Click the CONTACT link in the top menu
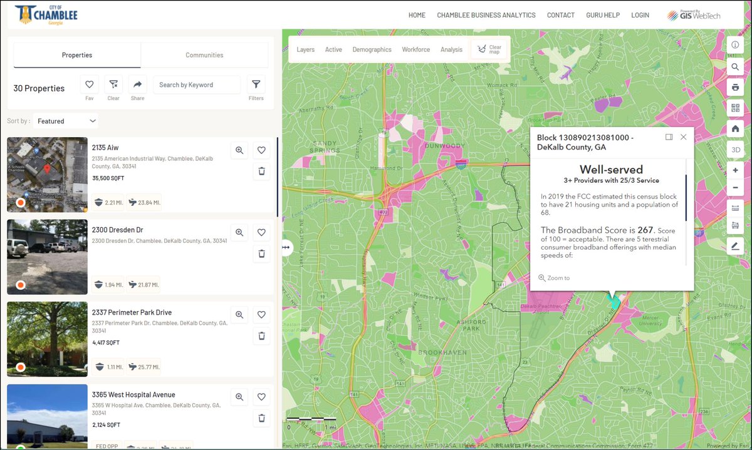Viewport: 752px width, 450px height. (560, 15)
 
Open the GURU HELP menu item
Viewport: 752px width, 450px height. (603, 15)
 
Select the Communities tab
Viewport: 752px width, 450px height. (204, 55)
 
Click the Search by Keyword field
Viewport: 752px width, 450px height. (196, 85)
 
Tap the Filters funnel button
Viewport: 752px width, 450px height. (256, 84)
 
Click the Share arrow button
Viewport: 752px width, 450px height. (137, 84)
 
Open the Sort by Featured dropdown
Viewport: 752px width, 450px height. (66, 121)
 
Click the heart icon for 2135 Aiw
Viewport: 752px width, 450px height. (261, 150)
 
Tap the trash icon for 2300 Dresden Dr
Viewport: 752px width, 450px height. (261, 253)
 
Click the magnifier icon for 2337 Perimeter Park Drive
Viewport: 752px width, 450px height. (239, 315)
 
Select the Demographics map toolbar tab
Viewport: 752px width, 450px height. (372, 49)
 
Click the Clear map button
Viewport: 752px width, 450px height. (489, 49)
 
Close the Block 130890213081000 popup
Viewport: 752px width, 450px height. (684, 137)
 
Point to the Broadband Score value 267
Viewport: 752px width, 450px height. (645, 230)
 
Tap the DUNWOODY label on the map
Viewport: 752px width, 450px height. (444, 146)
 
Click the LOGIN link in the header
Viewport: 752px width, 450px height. (640, 15)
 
